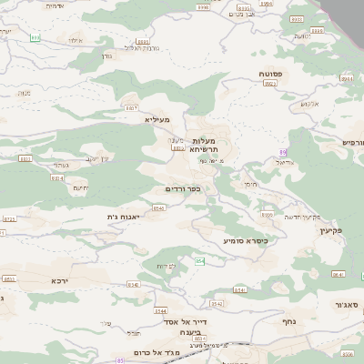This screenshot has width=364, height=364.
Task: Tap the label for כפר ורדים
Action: [x=183, y=188]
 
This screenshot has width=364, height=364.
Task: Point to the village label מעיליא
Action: [x=157, y=119]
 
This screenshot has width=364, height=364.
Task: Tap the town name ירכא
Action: [x=61, y=280]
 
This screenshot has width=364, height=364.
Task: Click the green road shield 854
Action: [x=200, y=262]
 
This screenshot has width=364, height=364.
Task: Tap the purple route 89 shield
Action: [x=283, y=152]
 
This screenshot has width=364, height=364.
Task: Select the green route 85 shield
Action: [x=119, y=360]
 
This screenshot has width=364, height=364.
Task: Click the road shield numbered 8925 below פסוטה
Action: [x=269, y=83]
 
